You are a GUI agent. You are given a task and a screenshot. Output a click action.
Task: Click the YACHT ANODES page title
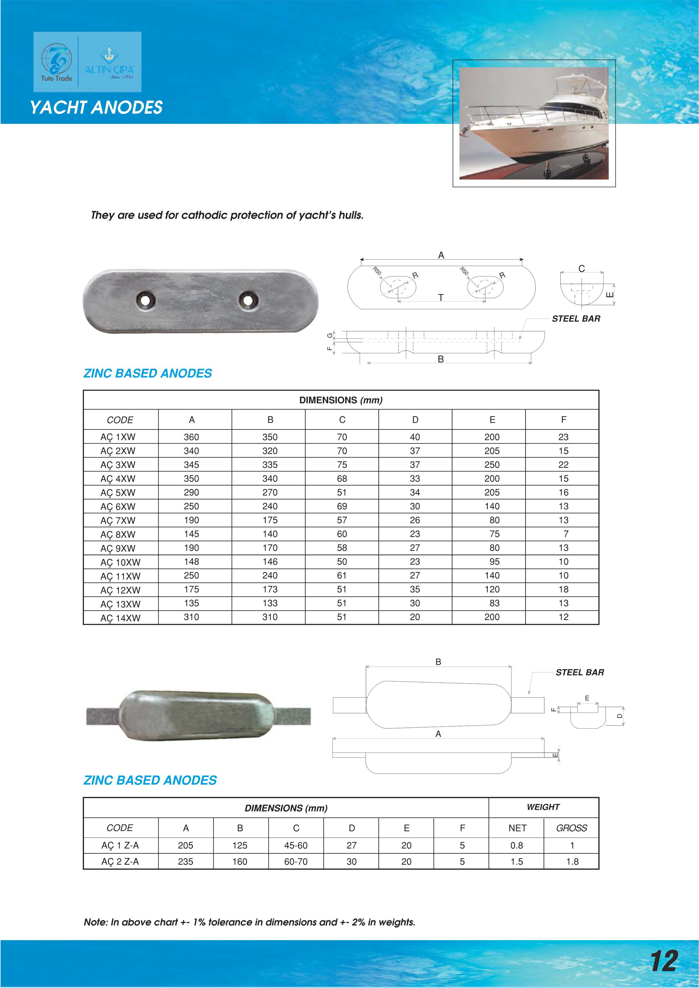(96, 107)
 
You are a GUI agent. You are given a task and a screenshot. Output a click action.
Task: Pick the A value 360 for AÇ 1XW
(191, 437)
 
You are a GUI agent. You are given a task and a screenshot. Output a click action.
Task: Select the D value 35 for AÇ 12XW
(415, 589)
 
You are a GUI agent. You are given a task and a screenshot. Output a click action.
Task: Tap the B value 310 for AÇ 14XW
(270, 617)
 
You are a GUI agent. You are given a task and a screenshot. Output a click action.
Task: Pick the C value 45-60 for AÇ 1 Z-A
(296, 846)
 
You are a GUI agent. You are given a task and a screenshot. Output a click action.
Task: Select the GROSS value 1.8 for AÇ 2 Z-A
(572, 862)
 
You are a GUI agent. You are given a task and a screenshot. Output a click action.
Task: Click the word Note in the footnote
(95, 922)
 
